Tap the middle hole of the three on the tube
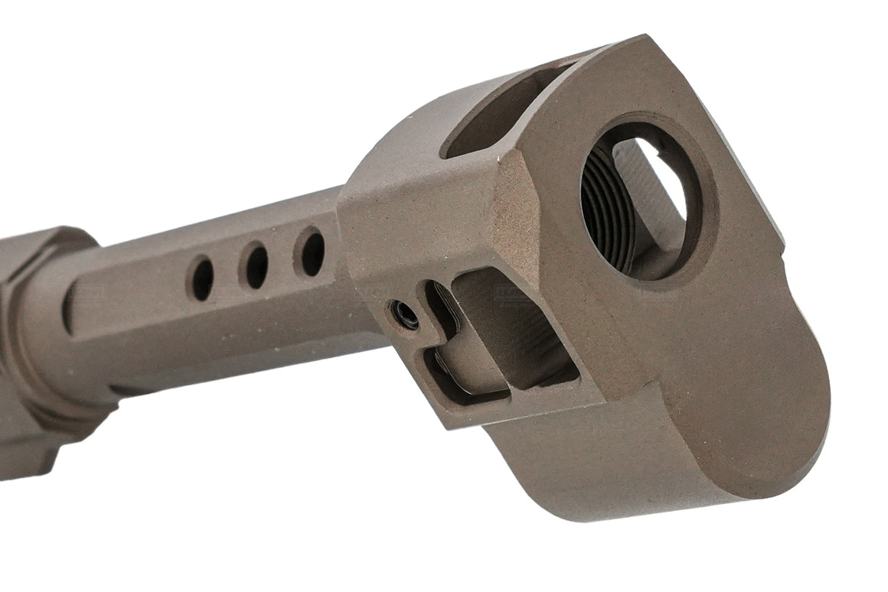[256, 265]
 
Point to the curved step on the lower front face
[651, 398]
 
